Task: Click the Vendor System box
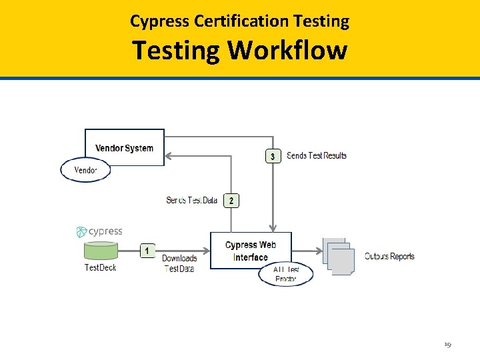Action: tap(125, 147)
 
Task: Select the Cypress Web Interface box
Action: tap(250, 251)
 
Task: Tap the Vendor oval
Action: tap(85, 170)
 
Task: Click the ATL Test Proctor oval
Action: tap(285, 274)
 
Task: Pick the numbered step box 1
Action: tap(148, 251)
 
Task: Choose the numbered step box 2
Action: tap(231, 200)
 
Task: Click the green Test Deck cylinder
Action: tap(101, 251)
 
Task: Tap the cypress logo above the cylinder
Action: tap(99, 231)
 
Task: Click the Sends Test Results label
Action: tap(317, 156)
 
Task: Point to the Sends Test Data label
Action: tap(192, 200)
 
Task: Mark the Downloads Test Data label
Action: tap(179, 263)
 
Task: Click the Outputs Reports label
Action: tap(389, 257)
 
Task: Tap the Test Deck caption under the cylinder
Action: tap(100, 268)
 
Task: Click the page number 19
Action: tap(447, 345)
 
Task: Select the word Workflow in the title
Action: tap(289, 50)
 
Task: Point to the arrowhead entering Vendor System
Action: tap(169, 156)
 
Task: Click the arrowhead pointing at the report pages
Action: tap(318, 251)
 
